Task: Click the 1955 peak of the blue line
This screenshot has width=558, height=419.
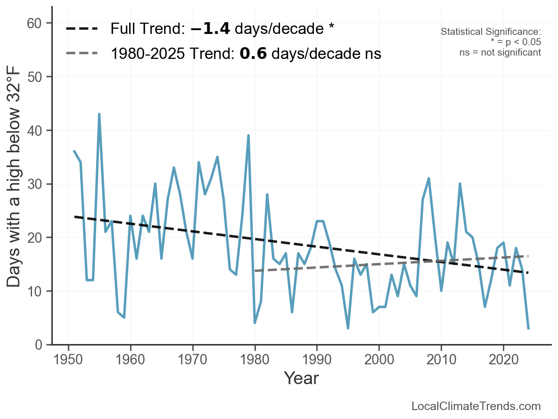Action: tap(99, 114)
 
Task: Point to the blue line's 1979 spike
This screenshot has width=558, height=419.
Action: tap(248, 135)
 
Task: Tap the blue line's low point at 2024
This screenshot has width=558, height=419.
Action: tap(529, 329)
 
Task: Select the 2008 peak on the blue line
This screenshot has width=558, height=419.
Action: tap(429, 178)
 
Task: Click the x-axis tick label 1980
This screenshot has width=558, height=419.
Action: tap(254, 361)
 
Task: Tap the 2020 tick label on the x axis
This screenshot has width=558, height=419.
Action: tap(503, 361)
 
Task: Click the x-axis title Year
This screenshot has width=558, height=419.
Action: tap(301, 378)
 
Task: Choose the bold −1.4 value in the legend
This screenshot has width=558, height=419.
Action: tap(210, 29)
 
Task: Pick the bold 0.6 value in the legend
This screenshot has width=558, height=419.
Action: tap(253, 54)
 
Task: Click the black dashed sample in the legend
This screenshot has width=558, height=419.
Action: tap(82, 29)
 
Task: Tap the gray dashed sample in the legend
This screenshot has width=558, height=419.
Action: tap(82, 54)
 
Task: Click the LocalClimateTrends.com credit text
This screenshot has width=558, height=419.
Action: tap(476, 406)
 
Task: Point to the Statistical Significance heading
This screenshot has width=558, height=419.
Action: tap(491, 32)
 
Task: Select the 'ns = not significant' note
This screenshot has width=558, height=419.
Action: tap(500, 52)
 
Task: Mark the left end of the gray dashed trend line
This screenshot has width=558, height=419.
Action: tap(255, 271)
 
